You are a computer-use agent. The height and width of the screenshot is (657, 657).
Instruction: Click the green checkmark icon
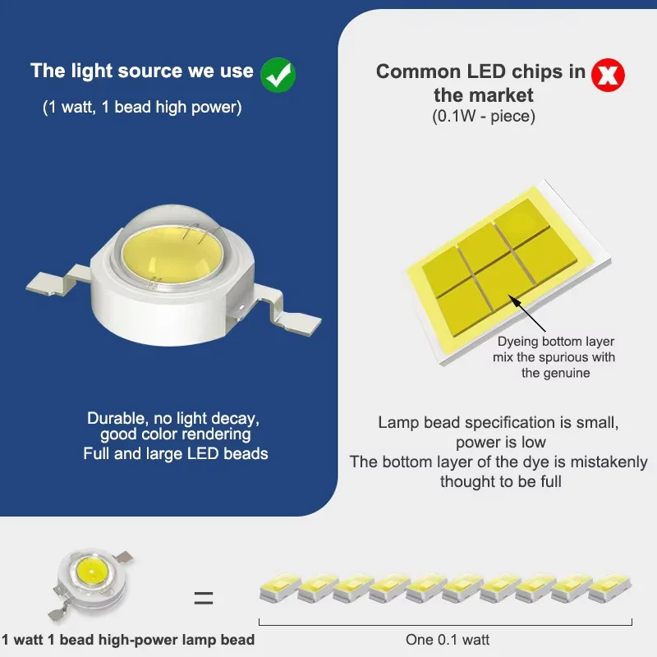click(x=278, y=75)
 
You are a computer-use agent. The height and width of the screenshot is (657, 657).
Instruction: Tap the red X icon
click(x=608, y=75)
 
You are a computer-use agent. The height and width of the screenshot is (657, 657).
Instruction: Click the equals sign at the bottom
click(x=204, y=598)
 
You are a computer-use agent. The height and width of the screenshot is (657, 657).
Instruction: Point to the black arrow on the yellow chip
click(x=526, y=313)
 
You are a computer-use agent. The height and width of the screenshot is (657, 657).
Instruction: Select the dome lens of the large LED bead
click(x=172, y=245)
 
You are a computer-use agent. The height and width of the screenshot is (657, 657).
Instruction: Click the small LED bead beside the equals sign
click(x=91, y=583)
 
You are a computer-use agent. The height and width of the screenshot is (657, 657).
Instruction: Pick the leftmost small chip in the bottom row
click(x=280, y=587)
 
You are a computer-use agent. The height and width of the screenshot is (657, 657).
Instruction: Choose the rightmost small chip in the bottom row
click(x=609, y=587)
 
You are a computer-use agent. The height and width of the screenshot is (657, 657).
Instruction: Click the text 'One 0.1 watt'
click(x=447, y=640)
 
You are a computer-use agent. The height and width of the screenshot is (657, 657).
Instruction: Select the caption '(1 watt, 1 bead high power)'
click(x=142, y=108)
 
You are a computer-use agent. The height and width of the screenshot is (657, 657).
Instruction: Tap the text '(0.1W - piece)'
click(x=484, y=116)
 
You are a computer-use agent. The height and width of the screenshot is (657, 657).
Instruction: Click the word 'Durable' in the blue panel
click(x=117, y=418)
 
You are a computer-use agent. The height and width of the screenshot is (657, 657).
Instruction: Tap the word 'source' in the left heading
click(x=149, y=71)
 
